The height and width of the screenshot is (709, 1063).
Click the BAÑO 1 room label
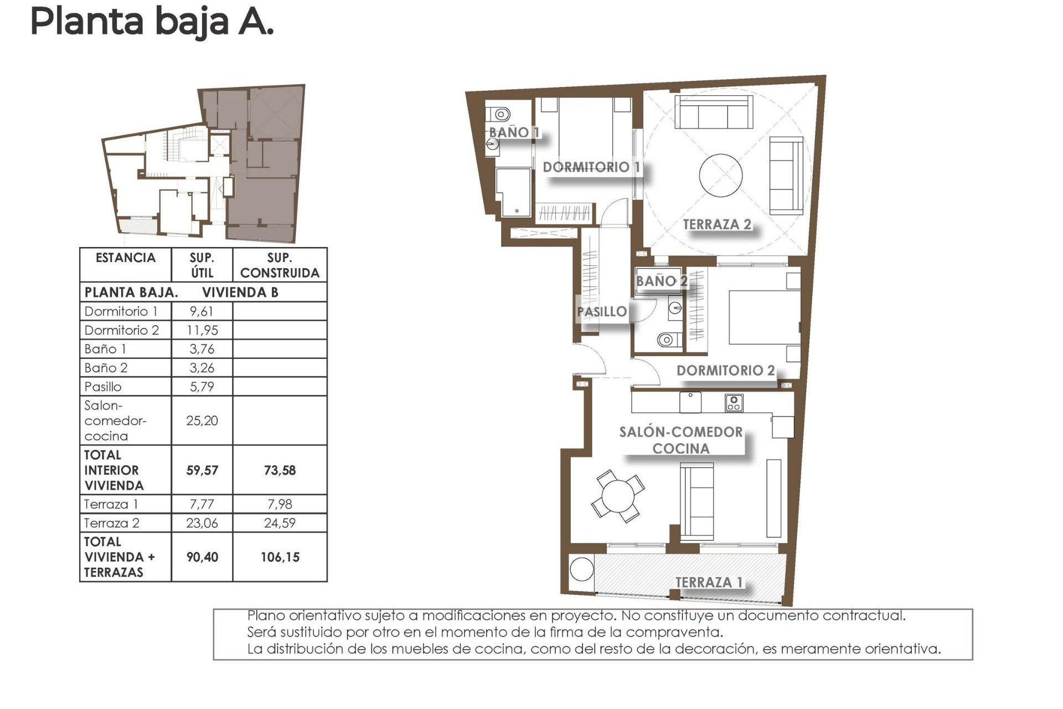point(513,132)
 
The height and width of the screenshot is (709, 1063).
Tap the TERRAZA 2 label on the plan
point(716,224)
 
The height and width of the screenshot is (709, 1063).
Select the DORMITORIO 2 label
point(725,371)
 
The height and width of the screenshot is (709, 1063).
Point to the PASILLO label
point(601,312)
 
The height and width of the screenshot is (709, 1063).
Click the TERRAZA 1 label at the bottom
point(709,582)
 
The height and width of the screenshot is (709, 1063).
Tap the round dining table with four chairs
point(618,496)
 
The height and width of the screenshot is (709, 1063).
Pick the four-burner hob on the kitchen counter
point(734,403)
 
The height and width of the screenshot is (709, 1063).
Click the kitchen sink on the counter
point(690,402)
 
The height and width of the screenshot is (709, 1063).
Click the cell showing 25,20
point(202,421)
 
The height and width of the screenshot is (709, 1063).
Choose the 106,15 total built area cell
point(280,557)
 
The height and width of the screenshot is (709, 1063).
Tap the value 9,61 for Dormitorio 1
point(202,311)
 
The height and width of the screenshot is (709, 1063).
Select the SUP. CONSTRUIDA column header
point(280,265)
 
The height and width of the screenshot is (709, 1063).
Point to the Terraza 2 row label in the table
point(112,523)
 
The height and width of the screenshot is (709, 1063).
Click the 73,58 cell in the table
point(280,470)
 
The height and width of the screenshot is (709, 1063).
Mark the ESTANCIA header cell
point(126,258)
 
